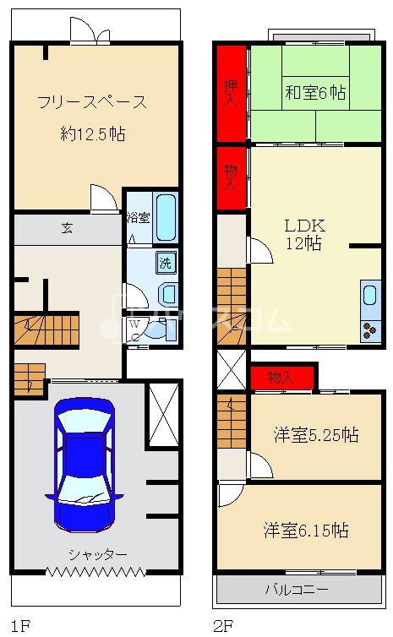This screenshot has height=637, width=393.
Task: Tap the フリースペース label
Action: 92,102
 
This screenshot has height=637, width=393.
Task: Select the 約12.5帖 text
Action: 93,133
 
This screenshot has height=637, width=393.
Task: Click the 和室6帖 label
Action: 315,93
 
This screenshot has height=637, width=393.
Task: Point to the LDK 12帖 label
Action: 304,234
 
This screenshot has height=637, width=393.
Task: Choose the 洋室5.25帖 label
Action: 316,435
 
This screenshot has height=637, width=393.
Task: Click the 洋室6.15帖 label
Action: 306,531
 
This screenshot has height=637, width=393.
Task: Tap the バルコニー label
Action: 297,590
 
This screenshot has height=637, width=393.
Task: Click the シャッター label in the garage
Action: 98,553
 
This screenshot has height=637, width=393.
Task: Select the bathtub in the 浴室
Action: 166,218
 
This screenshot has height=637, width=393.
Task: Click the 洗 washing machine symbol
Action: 166,263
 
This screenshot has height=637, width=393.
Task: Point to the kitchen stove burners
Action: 370,329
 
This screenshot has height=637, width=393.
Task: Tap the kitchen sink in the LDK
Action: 370,296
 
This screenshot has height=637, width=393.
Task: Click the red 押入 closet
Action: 232,94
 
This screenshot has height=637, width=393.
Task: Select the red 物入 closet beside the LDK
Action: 232,178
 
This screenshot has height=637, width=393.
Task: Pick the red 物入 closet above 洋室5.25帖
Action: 282,378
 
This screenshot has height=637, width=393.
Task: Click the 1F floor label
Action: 20,626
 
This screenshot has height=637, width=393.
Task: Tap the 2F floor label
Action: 223,626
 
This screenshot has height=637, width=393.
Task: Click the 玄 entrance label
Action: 67,228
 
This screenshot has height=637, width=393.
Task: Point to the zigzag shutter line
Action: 96,572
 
